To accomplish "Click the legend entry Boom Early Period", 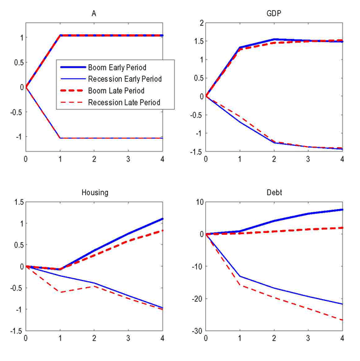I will click(x=117, y=67).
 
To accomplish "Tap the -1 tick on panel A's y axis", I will click(x=18, y=137).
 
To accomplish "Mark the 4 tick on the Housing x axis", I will click(x=163, y=338).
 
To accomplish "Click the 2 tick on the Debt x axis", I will click(x=274, y=338).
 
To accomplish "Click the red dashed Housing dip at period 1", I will click(x=60, y=292).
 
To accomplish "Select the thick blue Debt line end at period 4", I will click(x=342, y=210).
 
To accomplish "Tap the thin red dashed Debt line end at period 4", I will click(x=342, y=320).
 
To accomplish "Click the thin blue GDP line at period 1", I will click(x=240, y=122).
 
